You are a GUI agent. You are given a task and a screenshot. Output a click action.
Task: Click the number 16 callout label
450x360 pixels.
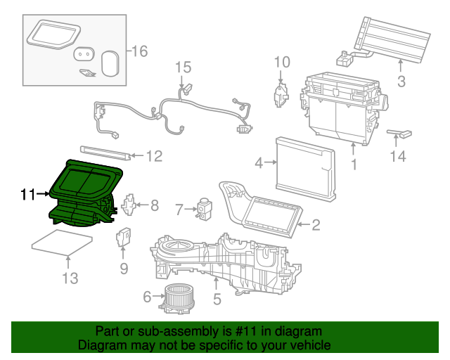139,51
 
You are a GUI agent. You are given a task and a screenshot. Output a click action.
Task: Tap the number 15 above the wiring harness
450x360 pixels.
183,67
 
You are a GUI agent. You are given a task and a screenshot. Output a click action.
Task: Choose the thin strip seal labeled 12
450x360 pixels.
105,152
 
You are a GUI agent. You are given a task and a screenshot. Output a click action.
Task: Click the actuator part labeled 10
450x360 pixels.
281,94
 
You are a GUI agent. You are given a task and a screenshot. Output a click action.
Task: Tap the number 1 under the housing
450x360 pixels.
354,165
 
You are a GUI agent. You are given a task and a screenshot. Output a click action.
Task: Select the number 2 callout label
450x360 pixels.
316,225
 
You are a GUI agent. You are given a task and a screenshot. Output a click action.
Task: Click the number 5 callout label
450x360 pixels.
217,300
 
